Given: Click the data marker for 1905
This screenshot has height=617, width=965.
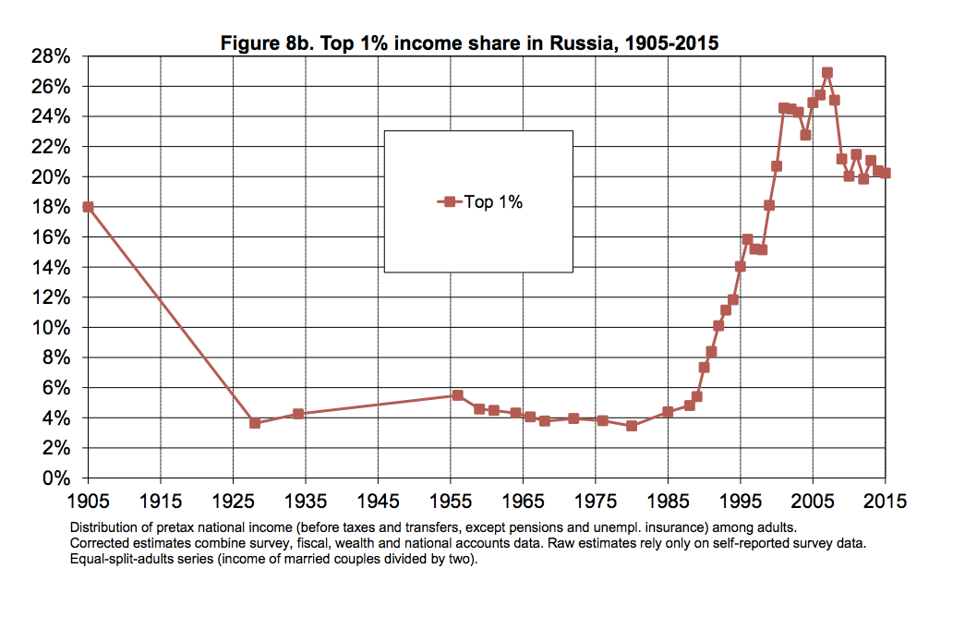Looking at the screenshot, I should click(x=88, y=207).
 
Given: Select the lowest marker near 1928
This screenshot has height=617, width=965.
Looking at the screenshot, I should click(x=255, y=423).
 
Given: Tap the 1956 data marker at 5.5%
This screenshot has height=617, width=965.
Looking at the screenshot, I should click(x=458, y=395).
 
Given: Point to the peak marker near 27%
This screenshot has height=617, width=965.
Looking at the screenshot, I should click(x=827, y=73).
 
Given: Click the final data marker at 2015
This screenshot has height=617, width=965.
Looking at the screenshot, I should click(x=886, y=173).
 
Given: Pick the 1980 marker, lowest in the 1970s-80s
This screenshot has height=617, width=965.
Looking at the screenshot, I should click(x=632, y=426).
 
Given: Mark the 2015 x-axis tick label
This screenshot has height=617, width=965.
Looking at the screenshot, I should click(x=886, y=502).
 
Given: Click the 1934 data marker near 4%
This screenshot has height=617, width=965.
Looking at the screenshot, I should click(x=298, y=414).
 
